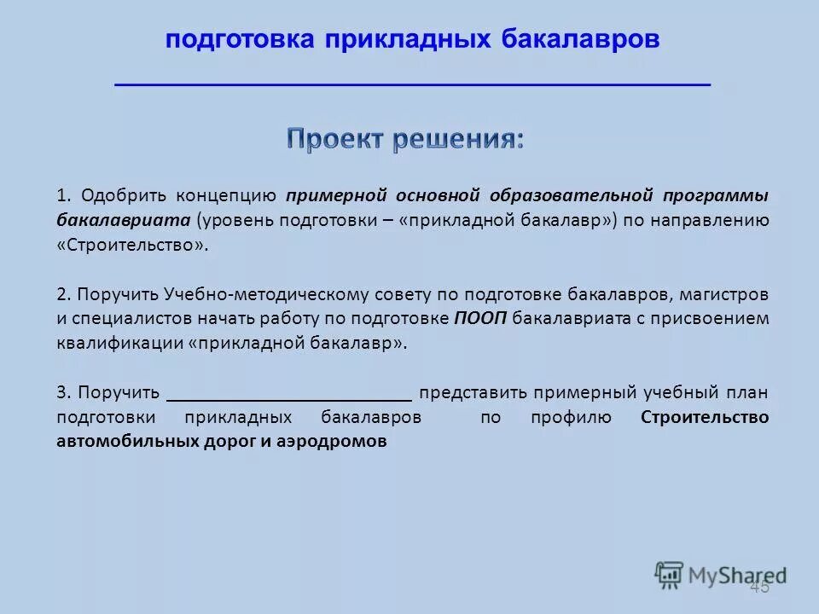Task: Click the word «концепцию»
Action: coord(226,194)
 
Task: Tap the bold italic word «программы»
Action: coord(717,194)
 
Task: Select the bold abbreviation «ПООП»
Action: coord(479,319)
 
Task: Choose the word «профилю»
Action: coord(570,418)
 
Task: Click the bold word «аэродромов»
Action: coord(337,442)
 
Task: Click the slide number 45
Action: coord(758,588)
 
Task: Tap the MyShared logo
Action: coord(721,574)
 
